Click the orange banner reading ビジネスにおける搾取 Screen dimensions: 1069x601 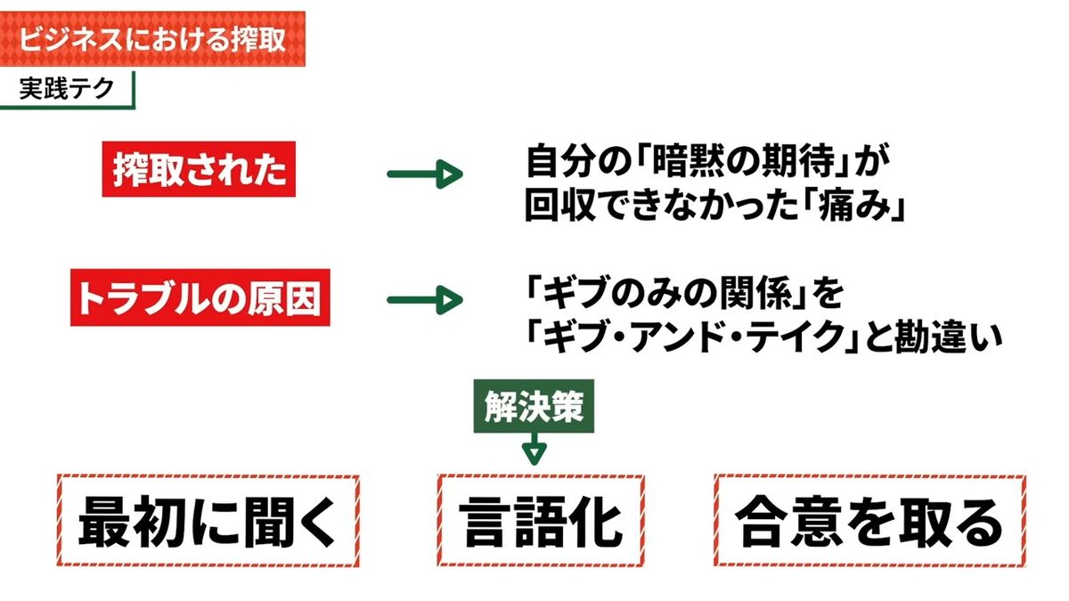(x=152, y=38)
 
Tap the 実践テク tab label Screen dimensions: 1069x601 (x=67, y=89)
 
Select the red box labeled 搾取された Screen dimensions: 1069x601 (x=199, y=169)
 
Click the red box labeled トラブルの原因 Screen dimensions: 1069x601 (x=200, y=297)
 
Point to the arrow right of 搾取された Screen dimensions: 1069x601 (x=425, y=174)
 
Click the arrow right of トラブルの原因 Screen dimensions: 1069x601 (x=425, y=299)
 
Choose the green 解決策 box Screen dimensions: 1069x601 (x=534, y=406)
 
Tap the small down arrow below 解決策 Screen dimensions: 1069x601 (x=534, y=449)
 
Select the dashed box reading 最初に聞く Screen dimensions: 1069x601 (x=208, y=520)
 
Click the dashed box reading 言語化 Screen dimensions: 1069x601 (x=541, y=520)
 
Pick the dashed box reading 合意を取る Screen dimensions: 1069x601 (x=869, y=520)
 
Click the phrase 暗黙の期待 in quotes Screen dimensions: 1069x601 (x=744, y=161)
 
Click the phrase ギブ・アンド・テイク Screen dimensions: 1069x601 (x=693, y=337)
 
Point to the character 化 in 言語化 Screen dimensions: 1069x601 (x=597, y=522)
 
